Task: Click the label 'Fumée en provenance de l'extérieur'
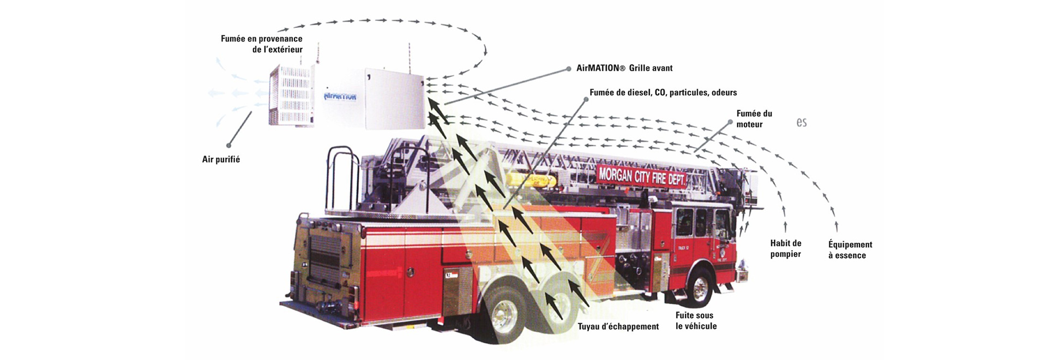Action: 262,44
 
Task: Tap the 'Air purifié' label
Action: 221,159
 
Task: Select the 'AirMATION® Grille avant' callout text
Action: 624,68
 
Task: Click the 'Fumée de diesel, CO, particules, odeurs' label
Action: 663,93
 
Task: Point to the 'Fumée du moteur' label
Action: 754,119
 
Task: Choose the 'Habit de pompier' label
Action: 785,249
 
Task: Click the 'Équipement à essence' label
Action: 850,250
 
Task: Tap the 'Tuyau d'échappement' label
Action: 618,327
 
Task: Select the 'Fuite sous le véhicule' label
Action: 696,321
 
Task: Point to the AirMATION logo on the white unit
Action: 340,97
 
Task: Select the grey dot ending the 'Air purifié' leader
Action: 229,145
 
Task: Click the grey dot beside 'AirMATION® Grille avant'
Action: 568,69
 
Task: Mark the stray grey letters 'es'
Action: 801,122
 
